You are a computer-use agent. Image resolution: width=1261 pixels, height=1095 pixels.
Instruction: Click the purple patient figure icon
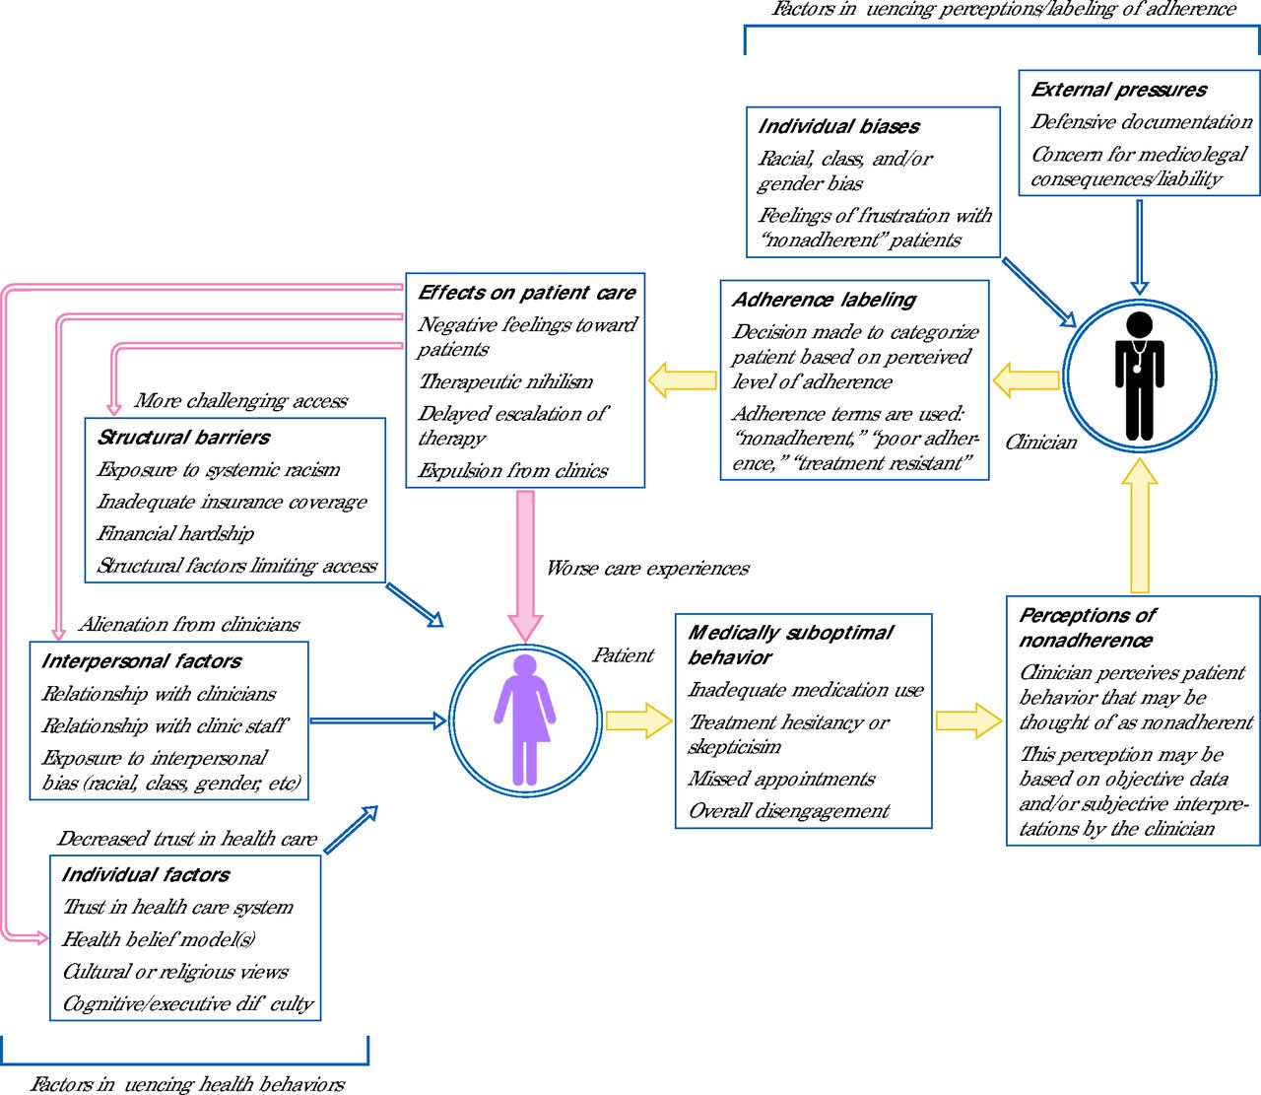point(525,719)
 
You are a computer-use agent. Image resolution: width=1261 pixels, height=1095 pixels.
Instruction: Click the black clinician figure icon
point(1140,376)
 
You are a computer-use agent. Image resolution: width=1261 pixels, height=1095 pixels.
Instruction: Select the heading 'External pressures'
point(1118,90)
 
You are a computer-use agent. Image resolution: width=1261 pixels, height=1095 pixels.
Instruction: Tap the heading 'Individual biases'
point(838,126)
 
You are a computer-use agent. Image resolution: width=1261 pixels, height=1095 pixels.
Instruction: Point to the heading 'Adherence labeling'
point(824,300)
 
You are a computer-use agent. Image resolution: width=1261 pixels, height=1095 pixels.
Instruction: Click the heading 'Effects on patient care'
point(527,293)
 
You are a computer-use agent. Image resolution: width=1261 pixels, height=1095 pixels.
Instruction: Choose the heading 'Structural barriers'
point(183,438)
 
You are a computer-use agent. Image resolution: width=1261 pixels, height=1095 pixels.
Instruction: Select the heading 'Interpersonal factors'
point(142,661)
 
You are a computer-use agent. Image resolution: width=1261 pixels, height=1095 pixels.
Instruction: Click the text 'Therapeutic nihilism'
point(505,381)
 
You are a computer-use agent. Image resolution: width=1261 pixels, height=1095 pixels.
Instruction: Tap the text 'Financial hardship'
point(175,533)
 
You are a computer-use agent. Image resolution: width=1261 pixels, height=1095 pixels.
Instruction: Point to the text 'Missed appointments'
point(781,779)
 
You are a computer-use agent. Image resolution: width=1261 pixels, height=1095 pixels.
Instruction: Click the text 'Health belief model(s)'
point(159,939)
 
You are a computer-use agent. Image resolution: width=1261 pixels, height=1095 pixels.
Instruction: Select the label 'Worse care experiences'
point(648,568)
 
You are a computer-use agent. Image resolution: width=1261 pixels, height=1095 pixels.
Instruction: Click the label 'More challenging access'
point(241,401)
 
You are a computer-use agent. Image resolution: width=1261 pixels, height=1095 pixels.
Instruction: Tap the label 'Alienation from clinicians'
point(189,625)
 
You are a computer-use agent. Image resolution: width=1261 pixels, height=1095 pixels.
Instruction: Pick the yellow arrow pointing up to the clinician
point(1140,526)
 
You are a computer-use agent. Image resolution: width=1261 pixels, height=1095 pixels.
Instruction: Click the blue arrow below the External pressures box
point(1140,246)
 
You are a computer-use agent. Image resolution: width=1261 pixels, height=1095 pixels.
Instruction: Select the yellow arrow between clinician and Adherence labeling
point(1026,380)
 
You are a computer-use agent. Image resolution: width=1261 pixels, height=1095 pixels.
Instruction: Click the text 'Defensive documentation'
point(1142,122)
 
